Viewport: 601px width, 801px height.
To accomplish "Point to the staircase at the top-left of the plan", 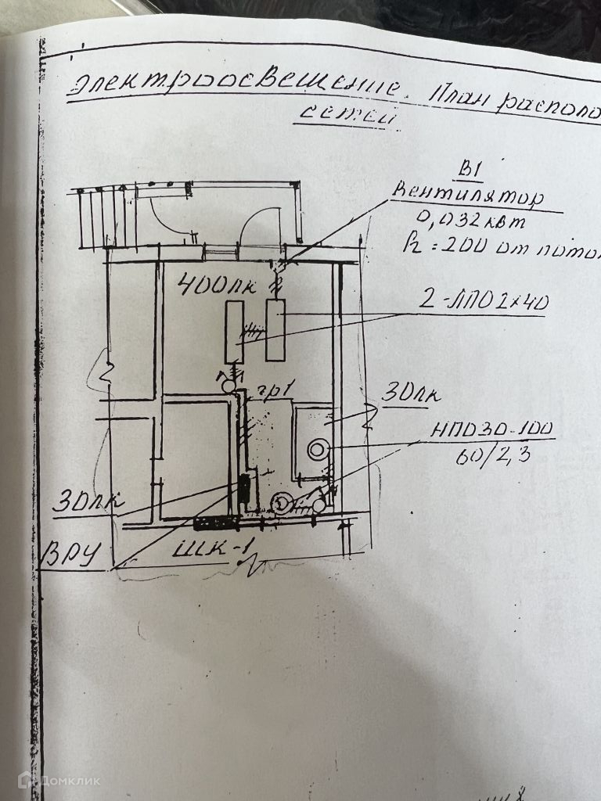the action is point(106,215).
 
